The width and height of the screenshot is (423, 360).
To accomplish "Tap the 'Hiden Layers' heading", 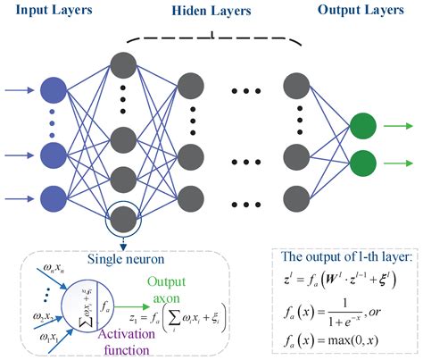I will pos(209,13).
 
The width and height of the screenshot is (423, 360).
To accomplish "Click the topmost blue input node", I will pos(53,89).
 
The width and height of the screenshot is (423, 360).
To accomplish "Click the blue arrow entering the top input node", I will pos(21,89).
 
